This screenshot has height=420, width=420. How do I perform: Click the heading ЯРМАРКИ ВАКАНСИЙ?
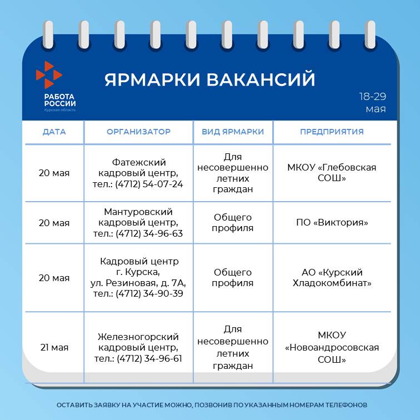tap(210, 79)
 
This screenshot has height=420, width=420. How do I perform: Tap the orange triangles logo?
tap(49, 75)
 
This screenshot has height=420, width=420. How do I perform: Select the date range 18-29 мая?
tap(373, 103)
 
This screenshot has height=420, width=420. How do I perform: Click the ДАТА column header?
tap(54, 132)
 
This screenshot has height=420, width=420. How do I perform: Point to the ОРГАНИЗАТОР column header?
tap(138, 132)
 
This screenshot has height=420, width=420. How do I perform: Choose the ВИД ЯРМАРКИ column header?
tap(233, 132)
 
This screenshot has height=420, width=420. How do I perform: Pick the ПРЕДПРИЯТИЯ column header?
tap(332, 132)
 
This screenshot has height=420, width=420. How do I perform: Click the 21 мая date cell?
tap(54, 347)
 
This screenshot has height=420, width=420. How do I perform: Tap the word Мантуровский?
tap(138, 212)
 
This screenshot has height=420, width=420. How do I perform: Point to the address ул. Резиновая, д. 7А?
tap(138, 283)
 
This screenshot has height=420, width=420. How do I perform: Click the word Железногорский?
tap(138, 337)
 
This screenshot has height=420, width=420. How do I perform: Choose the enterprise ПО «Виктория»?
tap(332, 222)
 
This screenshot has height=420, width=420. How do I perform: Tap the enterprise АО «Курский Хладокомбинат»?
tap(332, 278)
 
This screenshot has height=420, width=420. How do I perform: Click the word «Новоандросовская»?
tap(332, 347)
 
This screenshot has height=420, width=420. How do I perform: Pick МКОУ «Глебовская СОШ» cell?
tap(332, 173)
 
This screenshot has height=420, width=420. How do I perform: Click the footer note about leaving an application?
tap(212, 405)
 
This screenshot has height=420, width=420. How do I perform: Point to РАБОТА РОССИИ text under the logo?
tap(60, 100)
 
